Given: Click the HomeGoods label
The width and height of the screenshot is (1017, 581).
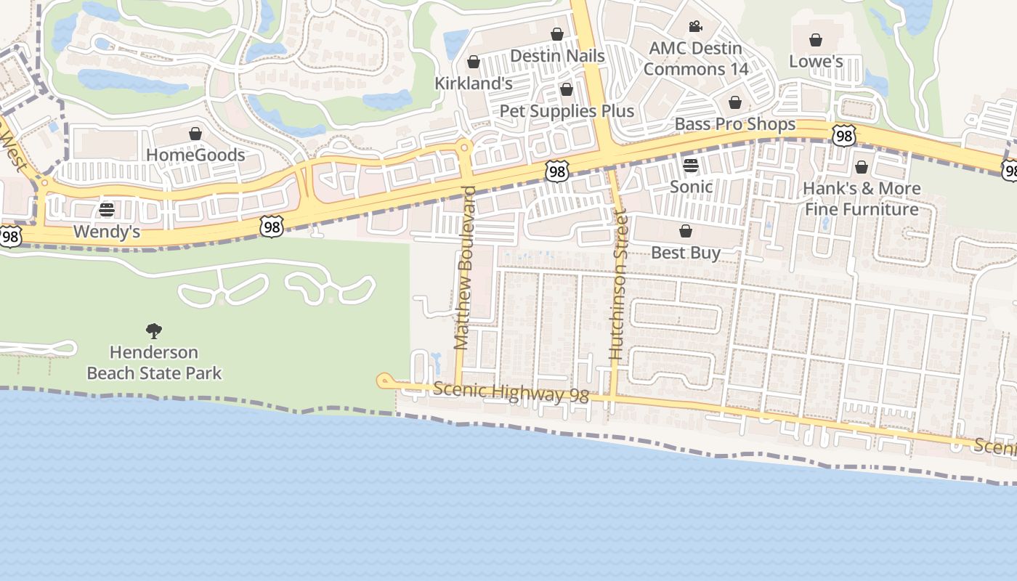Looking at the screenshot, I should click(195, 155).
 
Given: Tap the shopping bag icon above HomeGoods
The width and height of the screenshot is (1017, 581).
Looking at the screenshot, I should click(195, 134).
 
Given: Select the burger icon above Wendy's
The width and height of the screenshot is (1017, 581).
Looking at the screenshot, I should click(107, 210).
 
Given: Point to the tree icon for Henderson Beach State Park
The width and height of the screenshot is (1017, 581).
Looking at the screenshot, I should click(153, 331).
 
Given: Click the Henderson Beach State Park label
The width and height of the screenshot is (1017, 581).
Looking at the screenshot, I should click(154, 362).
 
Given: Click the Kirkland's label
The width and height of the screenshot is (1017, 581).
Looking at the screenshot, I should click(474, 84).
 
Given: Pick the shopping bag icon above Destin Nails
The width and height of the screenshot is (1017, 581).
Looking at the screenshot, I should click(557, 34).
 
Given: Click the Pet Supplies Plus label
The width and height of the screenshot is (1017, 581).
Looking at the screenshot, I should click(567, 111).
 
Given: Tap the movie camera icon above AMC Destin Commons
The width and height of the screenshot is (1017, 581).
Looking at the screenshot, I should click(695, 27).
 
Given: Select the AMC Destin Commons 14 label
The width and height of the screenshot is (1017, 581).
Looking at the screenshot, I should click(695, 59).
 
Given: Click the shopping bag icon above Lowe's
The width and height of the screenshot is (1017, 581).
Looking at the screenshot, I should click(816, 39).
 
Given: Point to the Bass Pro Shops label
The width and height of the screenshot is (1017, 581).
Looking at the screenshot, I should click(735, 124).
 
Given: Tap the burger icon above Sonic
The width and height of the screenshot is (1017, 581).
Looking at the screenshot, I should click(690, 165).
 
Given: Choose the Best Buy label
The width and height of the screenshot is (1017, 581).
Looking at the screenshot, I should click(686, 253).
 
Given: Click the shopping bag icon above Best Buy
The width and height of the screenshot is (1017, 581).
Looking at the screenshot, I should click(685, 231).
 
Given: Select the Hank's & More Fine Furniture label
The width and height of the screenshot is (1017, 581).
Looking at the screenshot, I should click(862, 199).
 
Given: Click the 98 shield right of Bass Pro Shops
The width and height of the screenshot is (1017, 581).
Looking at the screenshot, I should click(843, 136).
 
